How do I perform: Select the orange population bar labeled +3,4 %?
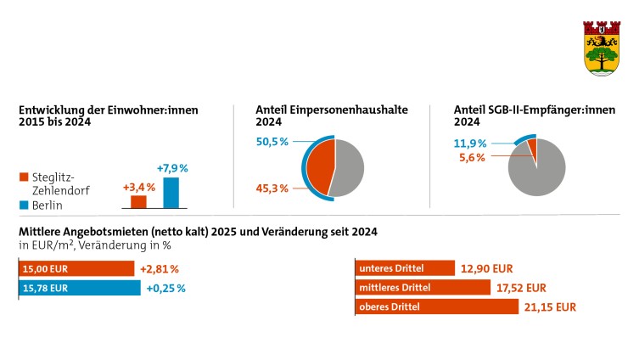[138, 202]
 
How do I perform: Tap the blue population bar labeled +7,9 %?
[171, 193]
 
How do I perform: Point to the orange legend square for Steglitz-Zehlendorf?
[23, 177]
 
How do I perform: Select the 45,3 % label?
[272, 188]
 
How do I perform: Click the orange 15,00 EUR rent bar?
[76, 269]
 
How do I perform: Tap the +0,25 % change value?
[165, 288]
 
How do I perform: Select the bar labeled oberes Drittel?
[435, 307]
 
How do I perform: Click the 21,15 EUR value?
[551, 307]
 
